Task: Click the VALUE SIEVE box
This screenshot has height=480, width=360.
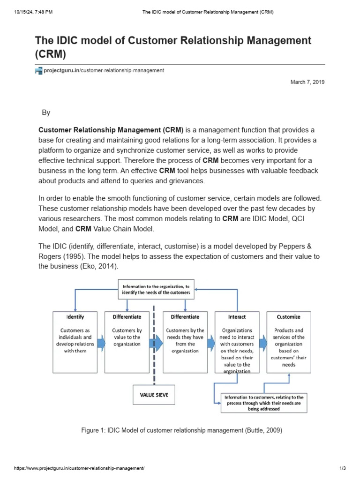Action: point(154,395)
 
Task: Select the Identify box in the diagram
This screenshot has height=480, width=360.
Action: point(75,342)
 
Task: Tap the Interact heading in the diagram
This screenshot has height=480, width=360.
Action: point(237,317)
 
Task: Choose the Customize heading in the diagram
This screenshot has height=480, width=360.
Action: point(289,317)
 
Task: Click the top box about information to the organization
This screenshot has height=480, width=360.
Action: point(156,289)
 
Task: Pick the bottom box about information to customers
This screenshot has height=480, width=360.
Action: point(264,403)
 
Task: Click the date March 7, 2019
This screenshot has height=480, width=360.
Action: point(307,82)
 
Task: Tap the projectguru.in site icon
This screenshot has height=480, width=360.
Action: point(38,71)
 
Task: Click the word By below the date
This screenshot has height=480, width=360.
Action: point(46,112)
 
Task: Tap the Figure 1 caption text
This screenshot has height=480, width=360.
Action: point(182,430)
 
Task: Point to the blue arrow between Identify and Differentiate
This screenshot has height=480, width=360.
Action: point(101,341)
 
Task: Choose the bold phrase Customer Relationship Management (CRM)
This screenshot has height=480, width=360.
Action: point(111,130)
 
